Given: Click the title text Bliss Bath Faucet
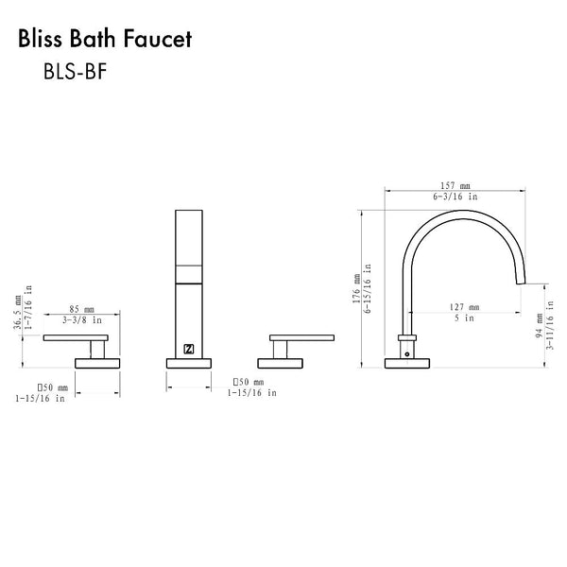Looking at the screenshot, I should click(x=105, y=40).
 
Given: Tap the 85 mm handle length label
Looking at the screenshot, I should click(x=83, y=309).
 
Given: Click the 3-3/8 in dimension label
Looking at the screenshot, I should click(x=83, y=320).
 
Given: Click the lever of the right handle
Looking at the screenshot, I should click(x=301, y=337).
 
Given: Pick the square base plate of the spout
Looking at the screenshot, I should click(x=407, y=362).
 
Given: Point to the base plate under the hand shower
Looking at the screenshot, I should click(x=190, y=360).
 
